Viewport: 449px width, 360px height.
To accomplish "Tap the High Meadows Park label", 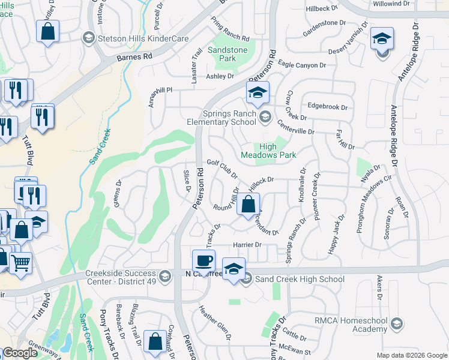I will pos(277,151).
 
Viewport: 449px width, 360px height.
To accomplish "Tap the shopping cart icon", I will pos(20,263).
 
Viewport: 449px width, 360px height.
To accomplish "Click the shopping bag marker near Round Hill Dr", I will pos(248,205).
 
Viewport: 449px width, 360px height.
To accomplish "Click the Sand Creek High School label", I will pos(300,279).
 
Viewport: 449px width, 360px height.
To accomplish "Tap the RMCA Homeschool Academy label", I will pos(351,325).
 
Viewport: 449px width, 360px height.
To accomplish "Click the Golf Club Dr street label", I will pos(222,169).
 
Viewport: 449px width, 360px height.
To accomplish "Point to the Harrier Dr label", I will pos(247,245).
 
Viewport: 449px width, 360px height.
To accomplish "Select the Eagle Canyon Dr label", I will pos(302,65).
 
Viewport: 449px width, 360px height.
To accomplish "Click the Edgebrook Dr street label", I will pos(327,107).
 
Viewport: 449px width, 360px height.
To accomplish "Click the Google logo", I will pos(20,353).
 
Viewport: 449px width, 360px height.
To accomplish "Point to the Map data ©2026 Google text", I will pos(411,355).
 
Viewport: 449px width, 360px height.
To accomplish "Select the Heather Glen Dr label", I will pos(214,320).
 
